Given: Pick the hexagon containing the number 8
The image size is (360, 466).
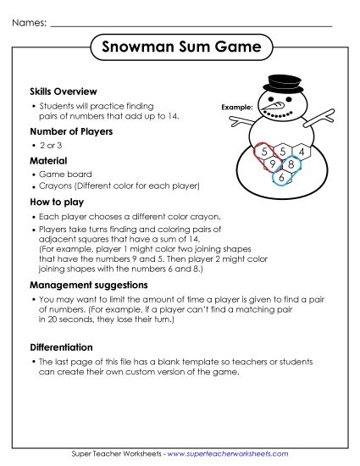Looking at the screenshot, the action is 291,164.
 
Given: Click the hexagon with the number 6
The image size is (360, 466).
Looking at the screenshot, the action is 282,177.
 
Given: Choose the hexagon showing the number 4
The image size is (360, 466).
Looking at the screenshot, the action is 299,151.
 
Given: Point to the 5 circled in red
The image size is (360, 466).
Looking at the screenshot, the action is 266,152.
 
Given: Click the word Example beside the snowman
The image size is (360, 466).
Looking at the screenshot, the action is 236,108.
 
